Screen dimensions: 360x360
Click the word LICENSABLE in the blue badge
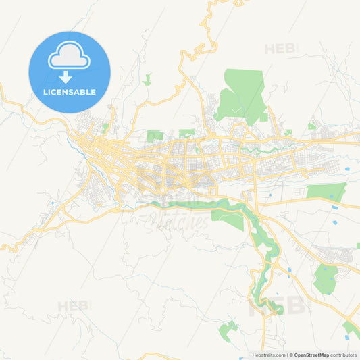tap(69, 92)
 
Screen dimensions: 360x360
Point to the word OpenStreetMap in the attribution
tap(311, 355)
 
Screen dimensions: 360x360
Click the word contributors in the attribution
tap(344, 355)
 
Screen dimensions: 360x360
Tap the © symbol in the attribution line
tap(291, 355)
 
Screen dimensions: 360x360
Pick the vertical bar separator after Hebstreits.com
tap(286, 355)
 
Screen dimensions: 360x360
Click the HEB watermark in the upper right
tap(280, 49)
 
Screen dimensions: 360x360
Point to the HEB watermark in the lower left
tap(73, 306)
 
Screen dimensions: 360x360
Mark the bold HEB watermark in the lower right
tap(277, 305)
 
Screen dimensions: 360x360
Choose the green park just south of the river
tap(228, 217)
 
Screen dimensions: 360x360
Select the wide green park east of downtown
tap(327, 192)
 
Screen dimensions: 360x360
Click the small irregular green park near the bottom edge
tap(228, 330)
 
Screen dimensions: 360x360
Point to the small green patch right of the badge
tap(147, 80)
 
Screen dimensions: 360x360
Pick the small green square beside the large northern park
tap(264, 117)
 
